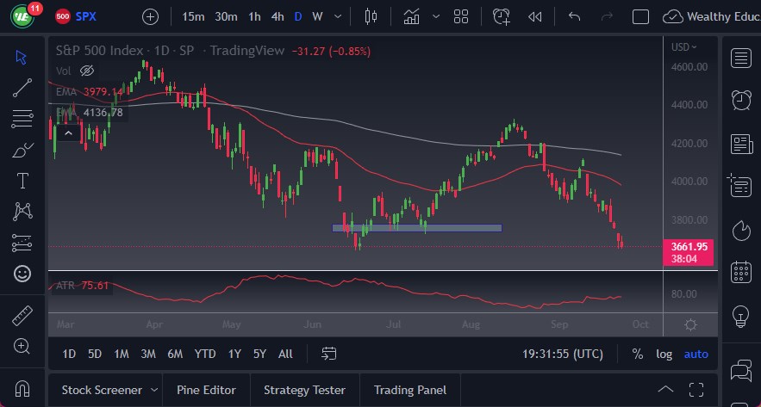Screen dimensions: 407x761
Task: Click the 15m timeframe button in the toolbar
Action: click(194, 16)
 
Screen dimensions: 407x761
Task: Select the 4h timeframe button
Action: click(278, 16)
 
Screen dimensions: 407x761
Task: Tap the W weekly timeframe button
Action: click(317, 16)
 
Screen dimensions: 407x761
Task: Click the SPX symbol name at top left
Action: click(86, 16)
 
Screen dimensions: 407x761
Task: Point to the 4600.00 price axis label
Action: click(689, 66)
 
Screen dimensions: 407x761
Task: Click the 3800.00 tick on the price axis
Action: click(689, 219)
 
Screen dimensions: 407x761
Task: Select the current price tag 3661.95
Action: click(690, 247)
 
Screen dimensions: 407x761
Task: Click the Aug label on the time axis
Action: click(471, 325)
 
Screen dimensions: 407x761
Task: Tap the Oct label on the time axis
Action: click(639, 325)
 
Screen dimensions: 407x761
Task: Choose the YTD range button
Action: click(204, 354)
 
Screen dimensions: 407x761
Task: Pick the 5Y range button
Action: click(259, 354)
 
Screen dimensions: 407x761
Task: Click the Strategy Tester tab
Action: click(304, 390)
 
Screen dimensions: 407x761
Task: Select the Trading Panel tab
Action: click(410, 390)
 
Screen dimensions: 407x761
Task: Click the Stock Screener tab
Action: click(103, 390)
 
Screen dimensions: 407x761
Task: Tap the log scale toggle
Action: click(664, 354)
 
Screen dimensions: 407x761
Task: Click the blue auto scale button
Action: click(696, 354)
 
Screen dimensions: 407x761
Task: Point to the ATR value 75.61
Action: click(95, 286)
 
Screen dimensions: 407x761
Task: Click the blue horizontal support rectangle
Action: click(417, 228)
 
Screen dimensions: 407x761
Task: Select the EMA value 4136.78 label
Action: click(103, 113)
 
